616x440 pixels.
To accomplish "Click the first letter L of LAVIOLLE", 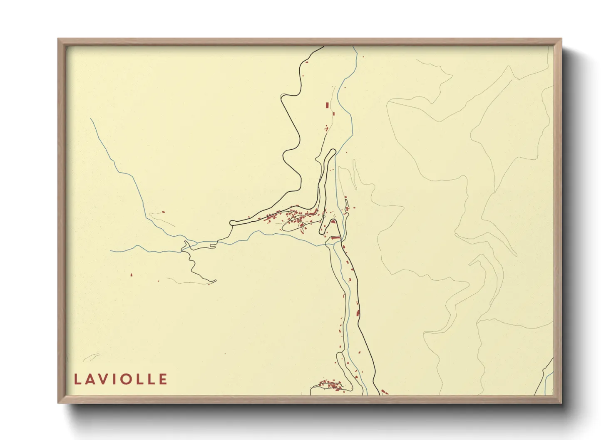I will click(77, 379).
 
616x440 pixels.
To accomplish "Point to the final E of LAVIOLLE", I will click(163, 379).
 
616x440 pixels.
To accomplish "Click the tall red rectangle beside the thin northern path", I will click(327, 105).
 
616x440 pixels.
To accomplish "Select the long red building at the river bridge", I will click(335, 237).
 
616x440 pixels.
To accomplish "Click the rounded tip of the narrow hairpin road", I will click(333, 151).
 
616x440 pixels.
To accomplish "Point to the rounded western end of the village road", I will click(232, 222).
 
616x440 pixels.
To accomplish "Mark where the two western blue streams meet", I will click(186, 242).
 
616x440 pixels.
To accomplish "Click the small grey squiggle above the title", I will click(92, 357).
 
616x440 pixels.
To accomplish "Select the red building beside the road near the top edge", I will click(307, 62).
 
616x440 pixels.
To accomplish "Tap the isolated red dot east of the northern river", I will click(363, 57).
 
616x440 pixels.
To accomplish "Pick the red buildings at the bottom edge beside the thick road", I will click(384, 392).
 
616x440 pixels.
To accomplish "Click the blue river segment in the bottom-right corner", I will click(549, 381).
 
